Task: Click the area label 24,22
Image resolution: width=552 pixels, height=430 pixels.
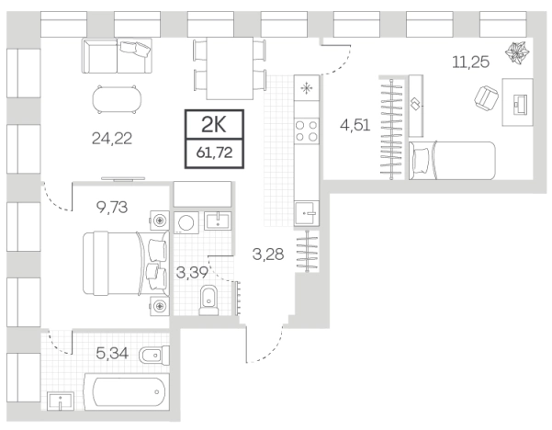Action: [x=112, y=139]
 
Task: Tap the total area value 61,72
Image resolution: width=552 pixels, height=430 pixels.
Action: [x=214, y=153]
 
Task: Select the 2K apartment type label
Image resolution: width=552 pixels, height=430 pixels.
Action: [x=214, y=125]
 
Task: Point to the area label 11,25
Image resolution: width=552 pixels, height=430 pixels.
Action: [x=470, y=62]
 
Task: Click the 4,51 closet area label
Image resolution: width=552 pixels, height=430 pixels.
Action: [x=355, y=125]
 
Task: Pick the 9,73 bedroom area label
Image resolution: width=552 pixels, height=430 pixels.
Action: [x=112, y=208]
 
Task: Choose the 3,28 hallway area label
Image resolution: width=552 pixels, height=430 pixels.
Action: [x=268, y=254]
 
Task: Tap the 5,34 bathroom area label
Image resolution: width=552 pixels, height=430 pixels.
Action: [x=112, y=353]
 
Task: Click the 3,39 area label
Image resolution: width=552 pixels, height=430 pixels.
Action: [x=192, y=272]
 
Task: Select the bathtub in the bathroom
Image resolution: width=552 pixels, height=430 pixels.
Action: [x=127, y=392]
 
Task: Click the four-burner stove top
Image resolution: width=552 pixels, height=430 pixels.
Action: [x=307, y=130]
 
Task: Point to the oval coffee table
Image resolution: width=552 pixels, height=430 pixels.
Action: [x=118, y=99]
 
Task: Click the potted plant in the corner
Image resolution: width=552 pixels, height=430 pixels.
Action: [x=517, y=53]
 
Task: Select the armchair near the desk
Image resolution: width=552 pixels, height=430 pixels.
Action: [x=486, y=97]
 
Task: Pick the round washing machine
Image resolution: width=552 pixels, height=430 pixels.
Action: [x=186, y=222]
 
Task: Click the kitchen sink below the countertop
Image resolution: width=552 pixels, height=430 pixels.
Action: [x=307, y=213]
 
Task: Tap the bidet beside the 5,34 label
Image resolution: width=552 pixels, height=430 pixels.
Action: [x=154, y=356]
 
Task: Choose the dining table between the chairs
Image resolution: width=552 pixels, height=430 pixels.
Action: [x=230, y=68]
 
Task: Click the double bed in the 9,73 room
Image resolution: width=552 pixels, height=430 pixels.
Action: [x=126, y=263]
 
